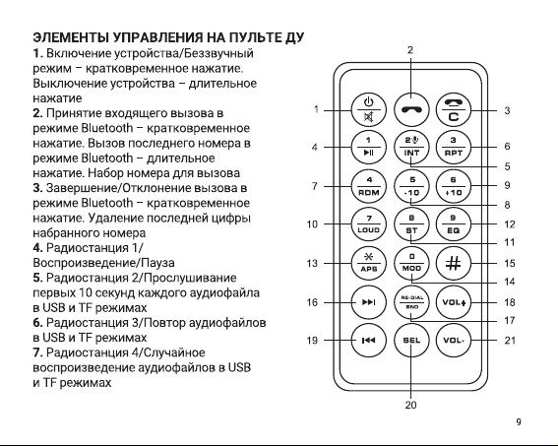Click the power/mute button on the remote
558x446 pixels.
point(369,109)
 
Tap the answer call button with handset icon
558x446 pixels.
point(411,109)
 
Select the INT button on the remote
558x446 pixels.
point(411,147)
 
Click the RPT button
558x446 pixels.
point(454,147)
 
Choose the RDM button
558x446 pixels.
point(369,186)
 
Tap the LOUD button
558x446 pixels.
point(369,224)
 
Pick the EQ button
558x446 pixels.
point(454,224)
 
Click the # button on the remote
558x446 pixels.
point(454,264)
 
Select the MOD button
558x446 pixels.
point(411,264)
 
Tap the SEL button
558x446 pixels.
point(411,341)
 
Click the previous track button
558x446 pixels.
point(369,341)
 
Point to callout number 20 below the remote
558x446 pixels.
point(410,405)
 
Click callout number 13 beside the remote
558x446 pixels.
point(312,264)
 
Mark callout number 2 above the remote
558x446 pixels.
point(410,50)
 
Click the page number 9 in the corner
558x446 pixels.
point(519,421)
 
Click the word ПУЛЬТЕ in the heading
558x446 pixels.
point(253,37)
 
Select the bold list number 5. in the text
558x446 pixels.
point(37,278)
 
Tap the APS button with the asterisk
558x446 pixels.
point(369,264)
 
